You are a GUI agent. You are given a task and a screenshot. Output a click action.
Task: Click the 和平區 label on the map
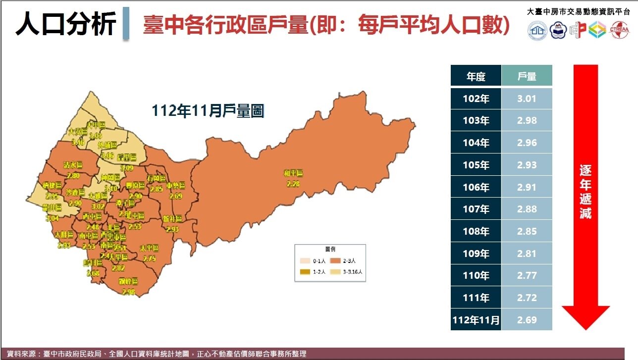click(x=293, y=173)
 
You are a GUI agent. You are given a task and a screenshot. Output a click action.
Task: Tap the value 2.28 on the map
click(x=293, y=184)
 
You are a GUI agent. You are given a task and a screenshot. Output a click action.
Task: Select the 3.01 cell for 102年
click(x=527, y=99)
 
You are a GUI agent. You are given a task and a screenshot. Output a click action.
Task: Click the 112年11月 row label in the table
click(x=476, y=320)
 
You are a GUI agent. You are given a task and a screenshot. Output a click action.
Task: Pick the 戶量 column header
click(x=527, y=76)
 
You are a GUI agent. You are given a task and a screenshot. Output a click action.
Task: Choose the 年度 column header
click(x=476, y=76)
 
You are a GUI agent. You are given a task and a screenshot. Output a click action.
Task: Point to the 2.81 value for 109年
click(x=527, y=254)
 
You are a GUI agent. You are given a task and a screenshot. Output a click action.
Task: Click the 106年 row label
click(x=476, y=187)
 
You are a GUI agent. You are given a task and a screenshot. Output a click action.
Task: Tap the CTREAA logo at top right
click(x=620, y=30)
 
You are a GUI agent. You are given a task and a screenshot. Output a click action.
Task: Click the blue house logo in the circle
click(x=537, y=30)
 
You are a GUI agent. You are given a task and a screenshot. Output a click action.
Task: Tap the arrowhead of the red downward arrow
click(x=585, y=317)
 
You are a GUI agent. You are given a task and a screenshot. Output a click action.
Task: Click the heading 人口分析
click(x=65, y=24)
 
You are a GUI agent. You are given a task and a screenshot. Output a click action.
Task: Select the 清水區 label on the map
click(x=73, y=165)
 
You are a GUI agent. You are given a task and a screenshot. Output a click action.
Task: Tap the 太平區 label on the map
click(x=149, y=248)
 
